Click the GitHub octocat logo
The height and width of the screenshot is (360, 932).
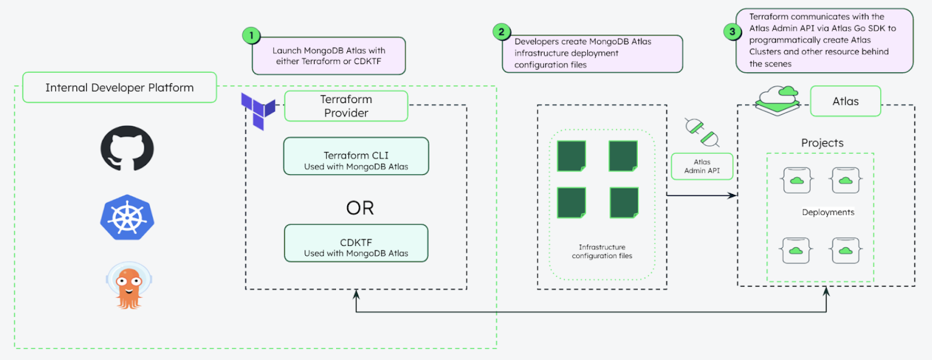(127, 148)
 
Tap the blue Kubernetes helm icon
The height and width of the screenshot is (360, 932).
(127, 217)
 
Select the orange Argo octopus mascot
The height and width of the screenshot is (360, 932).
(129, 285)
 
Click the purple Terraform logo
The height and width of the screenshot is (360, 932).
(258, 110)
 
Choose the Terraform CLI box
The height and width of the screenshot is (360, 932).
(356, 156)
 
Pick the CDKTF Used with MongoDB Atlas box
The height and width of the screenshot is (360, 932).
(356, 243)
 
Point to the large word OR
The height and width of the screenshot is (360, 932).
(360, 208)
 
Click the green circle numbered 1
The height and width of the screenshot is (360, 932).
(251, 36)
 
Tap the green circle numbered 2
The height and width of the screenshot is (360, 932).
(501, 32)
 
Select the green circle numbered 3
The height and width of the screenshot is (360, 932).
(732, 31)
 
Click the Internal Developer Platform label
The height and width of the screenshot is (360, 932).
(119, 87)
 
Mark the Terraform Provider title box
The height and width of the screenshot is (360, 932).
(346, 106)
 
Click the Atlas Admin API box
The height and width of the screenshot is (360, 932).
(702, 167)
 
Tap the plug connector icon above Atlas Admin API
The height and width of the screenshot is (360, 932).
(701, 132)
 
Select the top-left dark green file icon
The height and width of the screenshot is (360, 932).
(571, 156)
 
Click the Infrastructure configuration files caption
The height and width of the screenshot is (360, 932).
(602, 252)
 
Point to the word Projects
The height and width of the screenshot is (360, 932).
(822, 143)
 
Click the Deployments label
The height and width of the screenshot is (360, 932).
(828, 212)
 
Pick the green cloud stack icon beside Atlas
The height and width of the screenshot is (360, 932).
(778, 100)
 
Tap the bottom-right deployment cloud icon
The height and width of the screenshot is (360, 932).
(846, 250)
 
